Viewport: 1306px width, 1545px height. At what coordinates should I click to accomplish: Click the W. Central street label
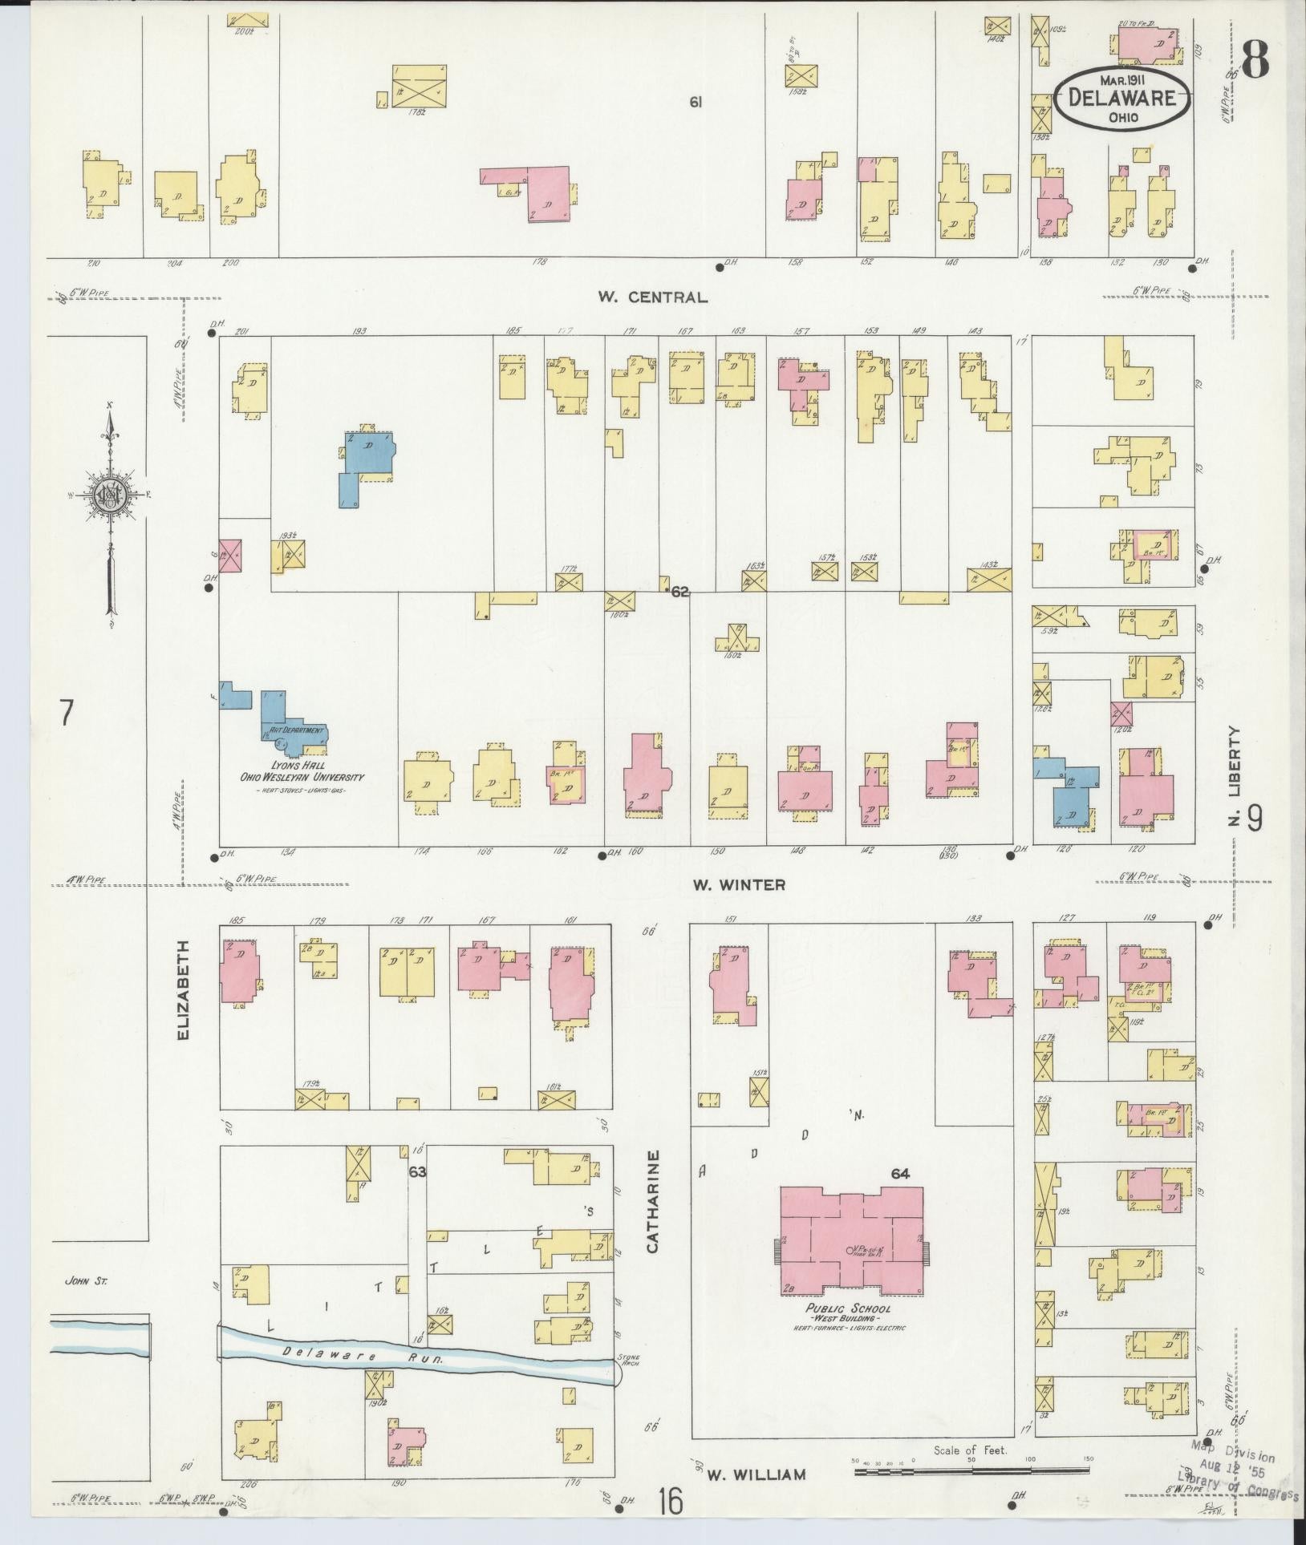pos(652,297)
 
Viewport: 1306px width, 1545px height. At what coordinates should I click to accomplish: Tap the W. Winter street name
pos(739,885)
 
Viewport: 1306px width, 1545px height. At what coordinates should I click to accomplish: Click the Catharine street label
pos(654,1211)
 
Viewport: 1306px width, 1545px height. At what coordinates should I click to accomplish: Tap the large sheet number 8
pos(1254,57)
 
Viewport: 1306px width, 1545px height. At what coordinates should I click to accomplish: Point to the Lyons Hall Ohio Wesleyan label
pos(302,771)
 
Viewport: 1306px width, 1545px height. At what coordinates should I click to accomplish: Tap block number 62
pos(680,593)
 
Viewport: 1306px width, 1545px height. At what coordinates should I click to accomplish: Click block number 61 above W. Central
pos(696,102)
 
